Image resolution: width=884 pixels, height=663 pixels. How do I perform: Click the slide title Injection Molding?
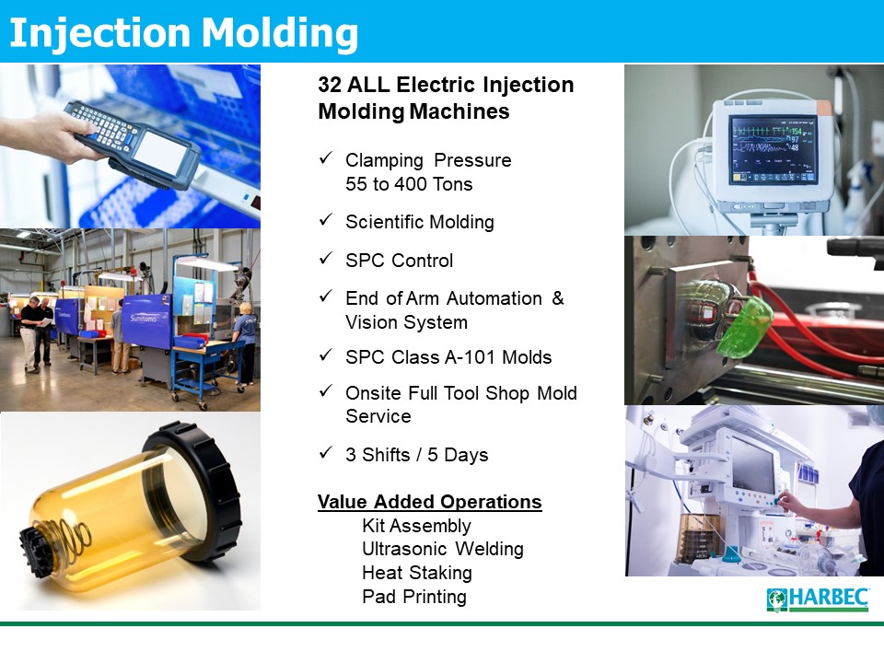(x=184, y=33)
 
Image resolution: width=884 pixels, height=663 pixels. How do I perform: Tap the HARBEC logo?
(x=818, y=599)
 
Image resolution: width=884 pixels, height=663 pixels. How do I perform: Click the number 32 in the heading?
(x=330, y=85)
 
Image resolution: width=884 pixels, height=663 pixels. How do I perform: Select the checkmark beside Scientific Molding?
(x=326, y=219)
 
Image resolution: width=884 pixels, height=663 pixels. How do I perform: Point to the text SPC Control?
(x=399, y=261)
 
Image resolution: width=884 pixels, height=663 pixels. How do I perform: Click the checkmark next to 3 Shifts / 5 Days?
(x=326, y=452)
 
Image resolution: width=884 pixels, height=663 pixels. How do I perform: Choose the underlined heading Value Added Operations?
(x=430, y=501)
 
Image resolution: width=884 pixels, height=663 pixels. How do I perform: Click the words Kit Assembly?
(x=416, y=526)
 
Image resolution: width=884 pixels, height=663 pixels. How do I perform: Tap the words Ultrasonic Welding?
(x=443, y=549)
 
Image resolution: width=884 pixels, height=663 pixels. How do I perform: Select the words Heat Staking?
(x=417, y=573)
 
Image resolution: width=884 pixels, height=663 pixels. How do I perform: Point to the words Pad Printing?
(x=414, y=597)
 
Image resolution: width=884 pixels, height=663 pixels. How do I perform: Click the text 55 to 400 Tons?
(x=409, y=184)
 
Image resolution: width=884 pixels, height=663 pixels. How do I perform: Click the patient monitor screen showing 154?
(x=773, y=150)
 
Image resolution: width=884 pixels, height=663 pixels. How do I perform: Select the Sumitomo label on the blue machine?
(x=144, y=319)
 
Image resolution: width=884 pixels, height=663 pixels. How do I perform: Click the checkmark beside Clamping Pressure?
(x=326, y=157)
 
